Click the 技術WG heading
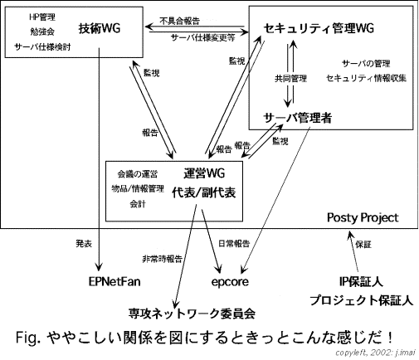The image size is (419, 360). tap(100, 28)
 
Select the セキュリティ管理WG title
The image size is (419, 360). tap(319, 28)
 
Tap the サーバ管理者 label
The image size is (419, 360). tap(297, 118)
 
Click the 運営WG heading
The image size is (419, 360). tap(204, 173)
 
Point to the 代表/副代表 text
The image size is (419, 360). tap(204, 192)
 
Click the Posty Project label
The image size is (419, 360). tap(363, 218)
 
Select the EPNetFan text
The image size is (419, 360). tap(114, 282)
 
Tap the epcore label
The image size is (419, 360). tap(230, 282)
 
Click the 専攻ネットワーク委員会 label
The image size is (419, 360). tap(192, 314)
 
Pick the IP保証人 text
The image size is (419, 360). tap(361, 282)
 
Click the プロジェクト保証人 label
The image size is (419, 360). tap(362, 300)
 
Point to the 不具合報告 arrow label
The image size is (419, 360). tap(180, 21)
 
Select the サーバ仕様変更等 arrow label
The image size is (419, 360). tap(203, 37)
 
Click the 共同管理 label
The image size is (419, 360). tap(290, 79)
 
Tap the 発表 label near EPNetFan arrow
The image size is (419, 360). tap(84, 244)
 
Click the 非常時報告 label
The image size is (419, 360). tap(162, 259)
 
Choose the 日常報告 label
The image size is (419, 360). tap(234, 243)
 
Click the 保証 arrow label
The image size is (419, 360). tap(363, 245)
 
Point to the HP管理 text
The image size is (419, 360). tap(42, 17)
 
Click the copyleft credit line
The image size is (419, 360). tap(375, 353)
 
